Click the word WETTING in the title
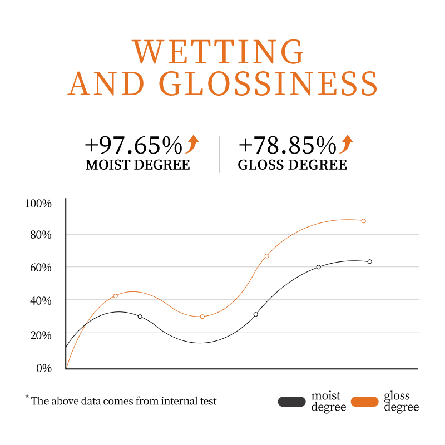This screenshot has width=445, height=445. [x=219, y=51]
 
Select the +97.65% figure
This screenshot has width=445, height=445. [x=133, y=146]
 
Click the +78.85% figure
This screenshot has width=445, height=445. [x=287, y=146]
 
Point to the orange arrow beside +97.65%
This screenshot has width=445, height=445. [x=192, y=144]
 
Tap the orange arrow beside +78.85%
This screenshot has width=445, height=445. [x=346, y=144]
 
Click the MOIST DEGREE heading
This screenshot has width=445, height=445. [x=137, y=165]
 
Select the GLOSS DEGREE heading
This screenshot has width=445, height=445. [x=292, y=165]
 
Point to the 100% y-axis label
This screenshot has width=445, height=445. [x=38, y=204]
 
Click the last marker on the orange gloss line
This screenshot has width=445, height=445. [x=363, y=221]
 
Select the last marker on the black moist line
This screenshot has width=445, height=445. [x=369, y=261]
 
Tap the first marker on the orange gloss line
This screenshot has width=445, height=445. [x=115, y=296]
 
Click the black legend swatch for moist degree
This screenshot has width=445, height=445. [x=292, y=402]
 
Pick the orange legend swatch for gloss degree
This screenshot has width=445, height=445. [x=365, y=402]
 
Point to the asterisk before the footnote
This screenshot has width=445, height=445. [x=27, y=397]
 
